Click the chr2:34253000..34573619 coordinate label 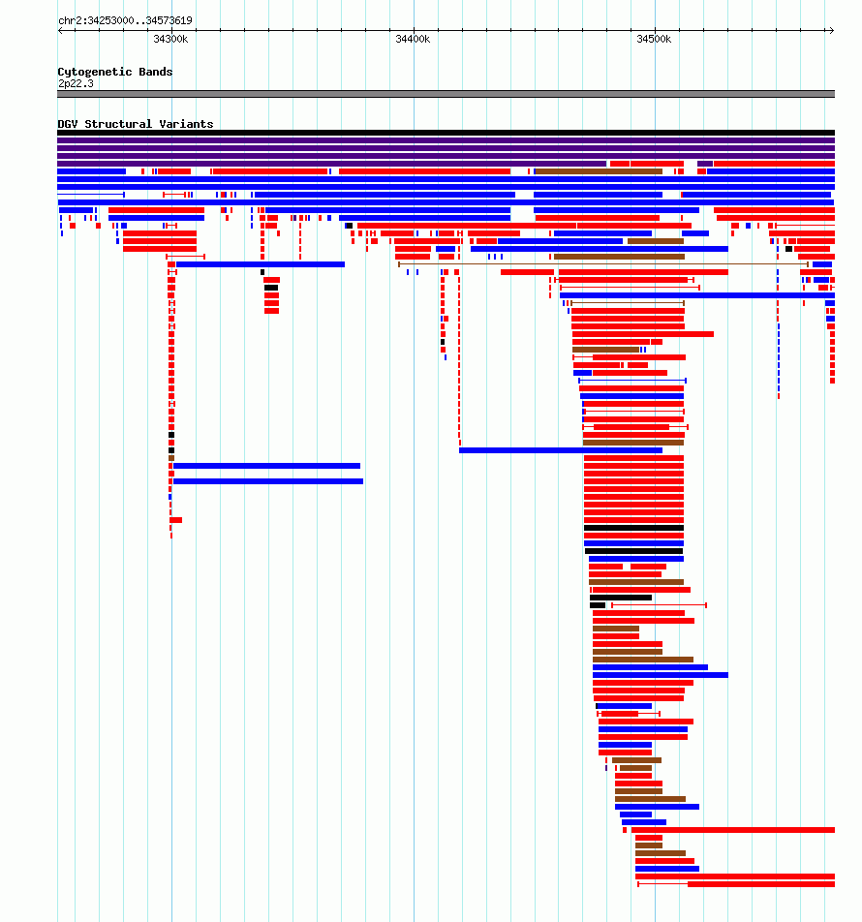[125, 20]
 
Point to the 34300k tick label [170, 39]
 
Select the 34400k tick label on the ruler [413, 39]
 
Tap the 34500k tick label [654, 39]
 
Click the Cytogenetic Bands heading [115, 72]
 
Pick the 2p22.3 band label [76, 83]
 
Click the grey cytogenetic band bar [446, 94]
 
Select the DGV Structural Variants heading [136, 124]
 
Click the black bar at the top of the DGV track [446, 133]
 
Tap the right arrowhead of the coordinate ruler [831, 31]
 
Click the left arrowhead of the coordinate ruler [61, 31]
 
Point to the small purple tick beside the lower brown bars [606, 768]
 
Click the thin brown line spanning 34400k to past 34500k [603, 264]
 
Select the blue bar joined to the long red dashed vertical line [561, 450]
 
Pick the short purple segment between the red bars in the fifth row [705, 164]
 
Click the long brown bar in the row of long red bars [599, 171]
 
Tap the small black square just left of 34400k [349, 226]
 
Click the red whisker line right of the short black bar [659, 605]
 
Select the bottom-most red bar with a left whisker [736, 884]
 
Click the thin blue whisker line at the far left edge [91, 195]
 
